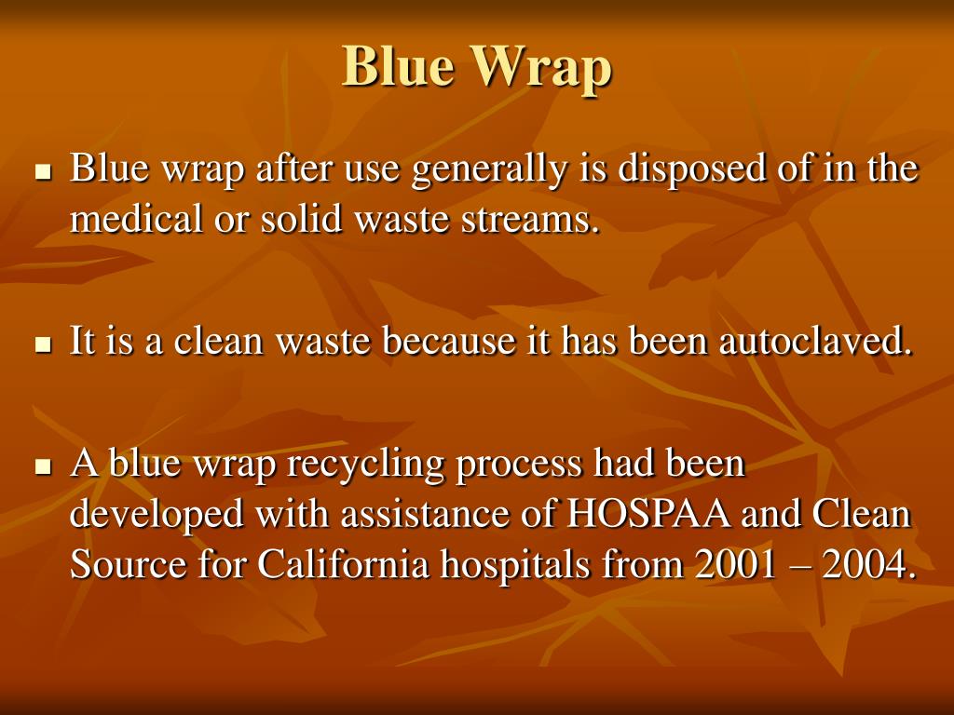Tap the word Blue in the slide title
(398, 67)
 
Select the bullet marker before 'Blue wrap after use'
(42, 172)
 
